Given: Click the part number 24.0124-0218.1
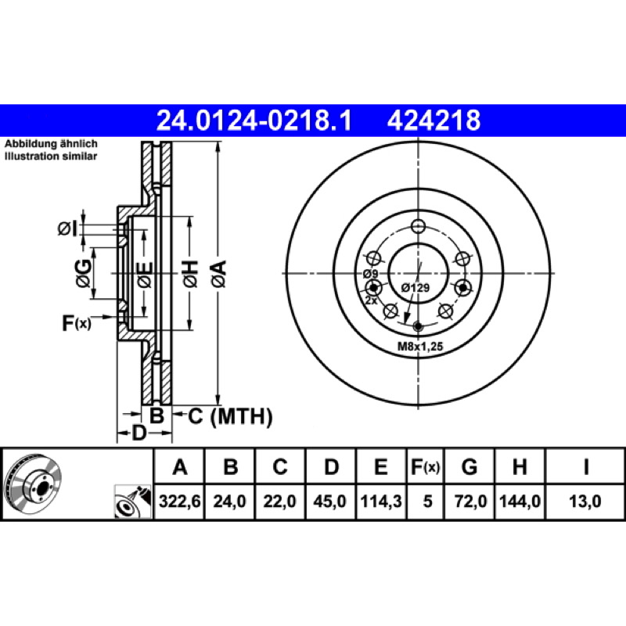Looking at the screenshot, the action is [x=254, y=121].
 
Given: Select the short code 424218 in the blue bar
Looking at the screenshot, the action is [x=434, y=121].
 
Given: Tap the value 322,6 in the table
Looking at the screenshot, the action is [x=180, y=501].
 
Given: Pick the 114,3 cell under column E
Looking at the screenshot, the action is [x=381, y=501].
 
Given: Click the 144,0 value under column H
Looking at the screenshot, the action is [x=520, y=501].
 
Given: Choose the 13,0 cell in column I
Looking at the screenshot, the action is [x=585, y=501].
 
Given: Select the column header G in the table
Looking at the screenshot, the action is [x=469, y=466].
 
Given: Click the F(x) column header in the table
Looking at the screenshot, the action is [x=425, y=466].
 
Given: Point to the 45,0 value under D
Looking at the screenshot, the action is [x=329, y=501].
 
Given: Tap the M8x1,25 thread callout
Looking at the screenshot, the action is [x=420, y=347].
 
